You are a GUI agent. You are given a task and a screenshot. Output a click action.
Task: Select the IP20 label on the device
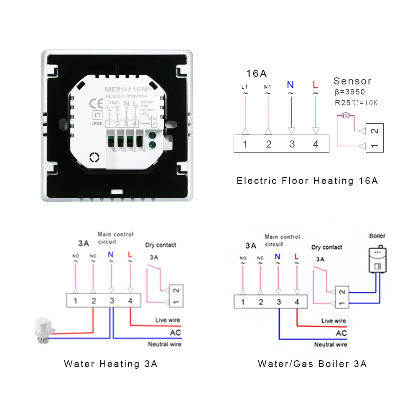point(97,124)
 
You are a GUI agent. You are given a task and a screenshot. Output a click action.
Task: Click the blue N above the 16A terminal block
point(291,85)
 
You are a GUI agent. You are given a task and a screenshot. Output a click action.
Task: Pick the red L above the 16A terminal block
point(315,85)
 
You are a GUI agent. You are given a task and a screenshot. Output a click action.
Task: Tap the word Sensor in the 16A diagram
point(352,81)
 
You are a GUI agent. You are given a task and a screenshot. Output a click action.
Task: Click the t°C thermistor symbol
point(345,116)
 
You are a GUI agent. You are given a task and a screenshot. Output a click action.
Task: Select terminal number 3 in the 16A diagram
point(292,145)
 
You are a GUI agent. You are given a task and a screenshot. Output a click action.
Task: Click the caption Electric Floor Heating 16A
point(307,181)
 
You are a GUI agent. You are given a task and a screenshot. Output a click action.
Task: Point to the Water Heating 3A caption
point(111,364)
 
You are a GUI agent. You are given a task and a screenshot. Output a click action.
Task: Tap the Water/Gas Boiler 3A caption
point(312,364)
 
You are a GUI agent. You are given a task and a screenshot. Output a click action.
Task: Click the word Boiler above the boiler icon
point(377,236)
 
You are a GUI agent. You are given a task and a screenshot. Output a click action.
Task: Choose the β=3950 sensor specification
point(350,92)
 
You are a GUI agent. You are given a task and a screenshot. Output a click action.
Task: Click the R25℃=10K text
point(356,102)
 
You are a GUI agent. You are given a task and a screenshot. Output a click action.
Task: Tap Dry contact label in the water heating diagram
point(161,245)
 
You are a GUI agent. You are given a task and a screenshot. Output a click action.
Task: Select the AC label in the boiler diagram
point(341,333)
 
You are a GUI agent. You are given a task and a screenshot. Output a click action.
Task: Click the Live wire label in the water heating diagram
point(167,320)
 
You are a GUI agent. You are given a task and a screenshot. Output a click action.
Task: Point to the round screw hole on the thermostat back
point(95,158)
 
